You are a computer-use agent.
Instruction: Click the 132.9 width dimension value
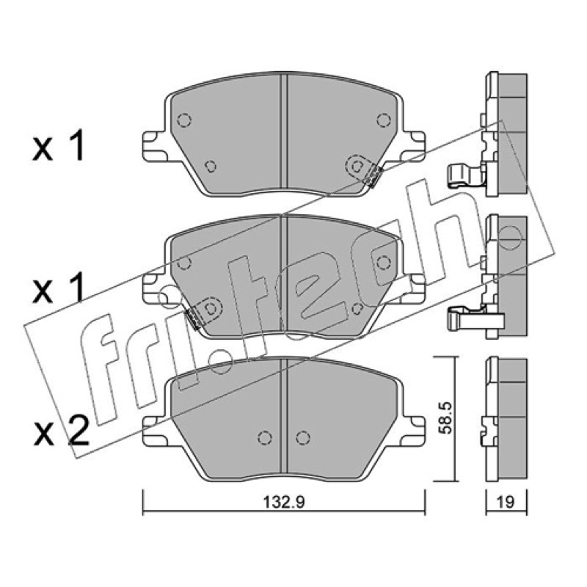click(284, 502)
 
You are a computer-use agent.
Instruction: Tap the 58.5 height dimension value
click(446, 418)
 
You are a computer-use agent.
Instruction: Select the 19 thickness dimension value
click(506, 502)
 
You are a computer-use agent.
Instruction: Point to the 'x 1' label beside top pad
click(59, 148)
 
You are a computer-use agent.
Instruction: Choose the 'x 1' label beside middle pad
click(59, 289)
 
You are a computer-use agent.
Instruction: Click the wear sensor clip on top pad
click(375, 176)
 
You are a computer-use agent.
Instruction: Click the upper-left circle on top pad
click(184, 120)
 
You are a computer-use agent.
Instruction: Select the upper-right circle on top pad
click(383, 120)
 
